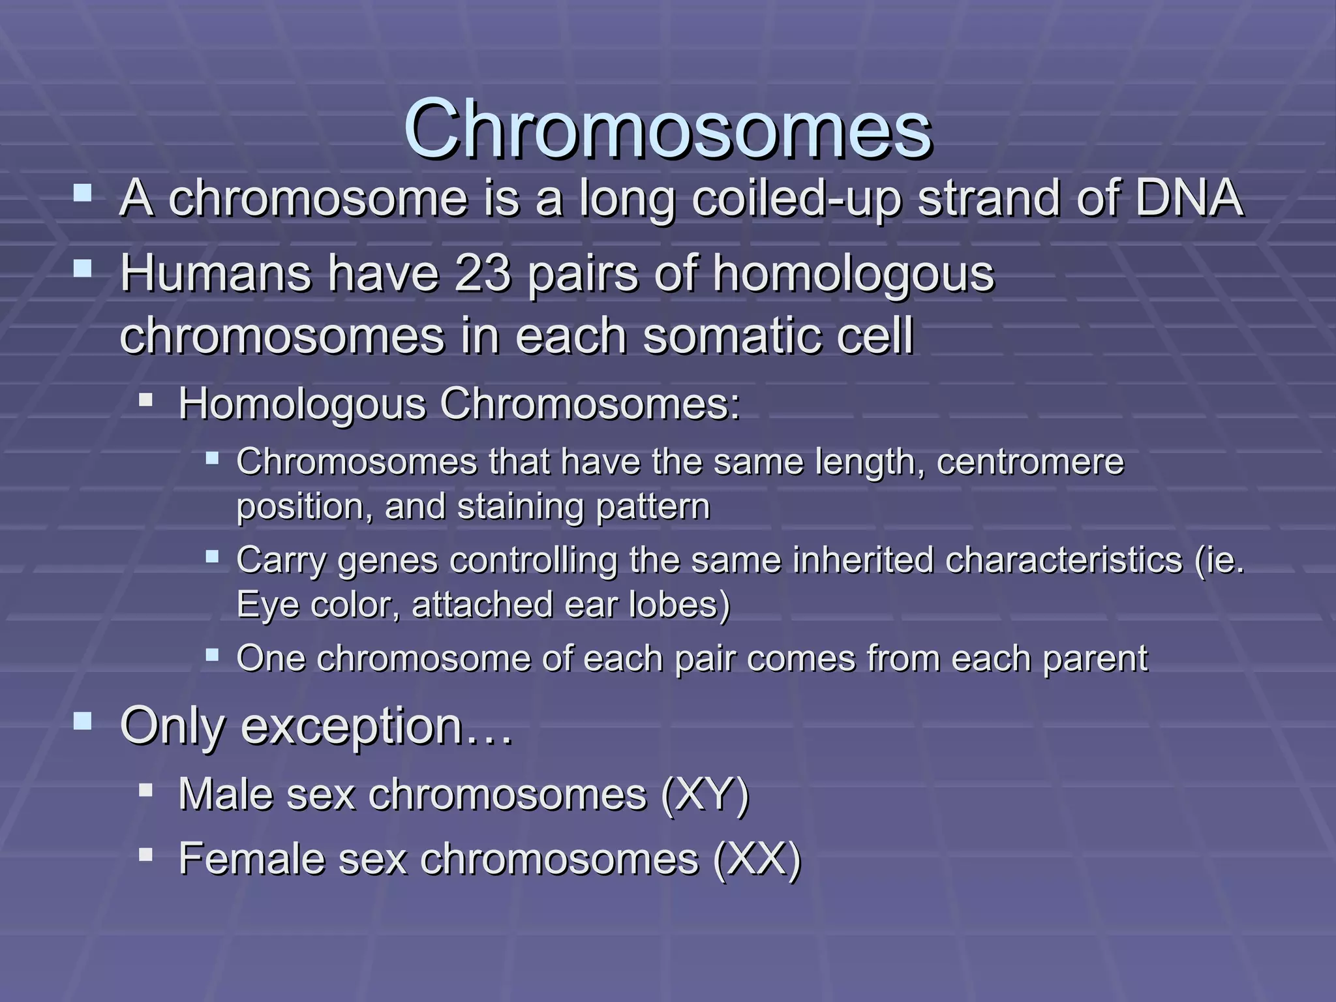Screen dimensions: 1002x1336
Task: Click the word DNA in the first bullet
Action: pyautogui.click(x=1189, y=198)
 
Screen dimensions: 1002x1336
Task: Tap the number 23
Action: pyautogui.click(x=482, y=273)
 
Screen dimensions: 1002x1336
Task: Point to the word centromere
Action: pyautogui.click(x=1030, y=462)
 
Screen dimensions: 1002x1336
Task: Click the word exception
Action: pyautogui.click(x=352, y=726)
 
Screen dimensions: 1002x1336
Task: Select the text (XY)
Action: pyautogui.click(x=705, y=795)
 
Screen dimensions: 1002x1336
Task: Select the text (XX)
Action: pyautogui.click(x=756, y=859)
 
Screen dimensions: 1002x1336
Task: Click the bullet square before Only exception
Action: pyautogui.click(x=83, y=721)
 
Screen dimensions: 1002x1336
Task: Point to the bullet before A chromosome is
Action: pyautogui.click(x=83, y=193)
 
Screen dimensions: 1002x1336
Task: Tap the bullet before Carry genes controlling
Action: pyautogui.click(x=211, y=556)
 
